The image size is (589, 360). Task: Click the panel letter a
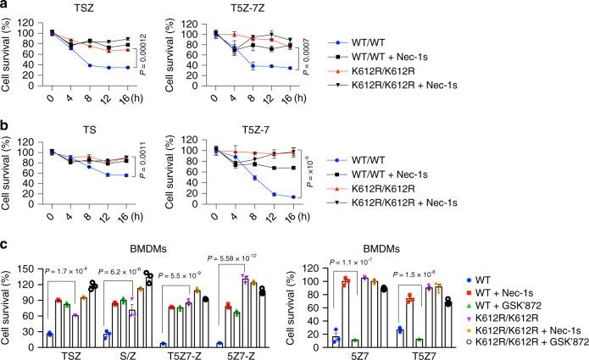pos(5,6)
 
